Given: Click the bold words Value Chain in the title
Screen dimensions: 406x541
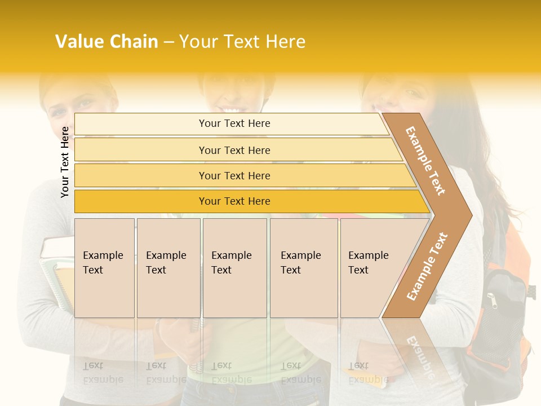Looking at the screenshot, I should coord(107,42).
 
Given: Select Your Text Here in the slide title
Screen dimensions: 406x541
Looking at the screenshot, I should coord(242,42).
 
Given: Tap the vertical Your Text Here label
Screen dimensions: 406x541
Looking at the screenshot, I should coord(65,162).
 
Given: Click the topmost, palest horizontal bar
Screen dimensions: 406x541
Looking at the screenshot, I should coord(234,123).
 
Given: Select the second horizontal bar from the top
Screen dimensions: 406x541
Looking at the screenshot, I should coord(234,150).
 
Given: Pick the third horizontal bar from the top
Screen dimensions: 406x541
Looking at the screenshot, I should coord(234,175).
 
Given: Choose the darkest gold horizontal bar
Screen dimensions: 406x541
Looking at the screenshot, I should coord(234,201).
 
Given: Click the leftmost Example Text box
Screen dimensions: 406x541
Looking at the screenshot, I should coord(104,267).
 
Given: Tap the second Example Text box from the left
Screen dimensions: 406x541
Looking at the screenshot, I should coord(168,267).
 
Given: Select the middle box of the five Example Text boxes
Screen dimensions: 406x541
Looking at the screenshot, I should coord(234,267).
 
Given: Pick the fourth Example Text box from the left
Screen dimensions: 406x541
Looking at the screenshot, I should coord(304,267).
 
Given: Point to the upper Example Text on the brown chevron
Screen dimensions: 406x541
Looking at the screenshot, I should coord(425,161).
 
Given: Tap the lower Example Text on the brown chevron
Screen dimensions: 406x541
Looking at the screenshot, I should coord(427,266).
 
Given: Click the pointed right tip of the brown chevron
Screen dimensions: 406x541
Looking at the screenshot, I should coord(469,215).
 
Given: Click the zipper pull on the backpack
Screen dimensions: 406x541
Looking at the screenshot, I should coord(494,302).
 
